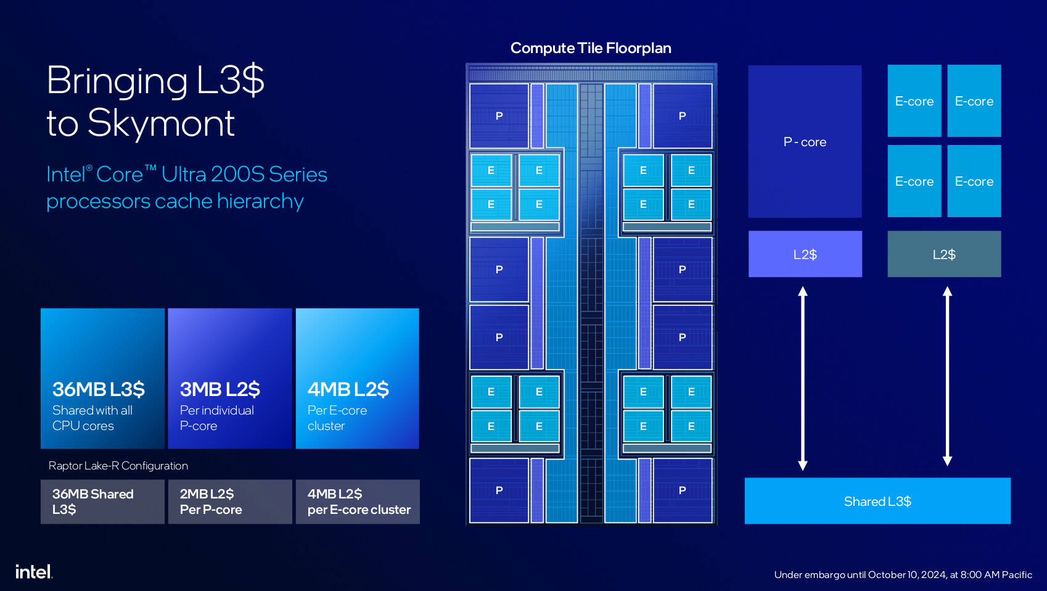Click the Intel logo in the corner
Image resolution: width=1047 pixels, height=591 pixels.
[34, 572]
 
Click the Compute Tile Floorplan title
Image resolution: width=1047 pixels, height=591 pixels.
[591, 48]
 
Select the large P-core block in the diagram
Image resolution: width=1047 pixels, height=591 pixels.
[805, 142]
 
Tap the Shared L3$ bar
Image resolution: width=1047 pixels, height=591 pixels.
[877, 501]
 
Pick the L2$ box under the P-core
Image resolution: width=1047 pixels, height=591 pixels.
[805, 254]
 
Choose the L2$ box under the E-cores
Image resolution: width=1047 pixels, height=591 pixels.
[944, 254]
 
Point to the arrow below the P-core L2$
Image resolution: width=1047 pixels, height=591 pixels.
[803, 378]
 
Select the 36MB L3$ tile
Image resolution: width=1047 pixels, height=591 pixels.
[102, 378]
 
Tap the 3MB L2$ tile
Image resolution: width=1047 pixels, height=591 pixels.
[230, 378]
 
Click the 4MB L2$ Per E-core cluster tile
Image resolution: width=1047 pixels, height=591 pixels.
[358, 378]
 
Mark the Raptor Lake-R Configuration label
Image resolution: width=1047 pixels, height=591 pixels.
[118, 466]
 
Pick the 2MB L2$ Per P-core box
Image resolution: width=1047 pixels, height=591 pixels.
[230, 502]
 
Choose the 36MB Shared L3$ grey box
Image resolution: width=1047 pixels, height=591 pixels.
[102, 502]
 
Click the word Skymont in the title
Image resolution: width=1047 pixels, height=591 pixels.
[161, 123]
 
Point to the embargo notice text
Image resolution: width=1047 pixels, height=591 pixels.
[903, 575]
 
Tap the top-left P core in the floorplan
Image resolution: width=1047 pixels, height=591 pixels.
[499, 115]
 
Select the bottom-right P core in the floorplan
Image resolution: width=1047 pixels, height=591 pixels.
[682, 490]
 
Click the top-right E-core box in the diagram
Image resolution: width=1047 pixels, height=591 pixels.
[974, 101]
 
